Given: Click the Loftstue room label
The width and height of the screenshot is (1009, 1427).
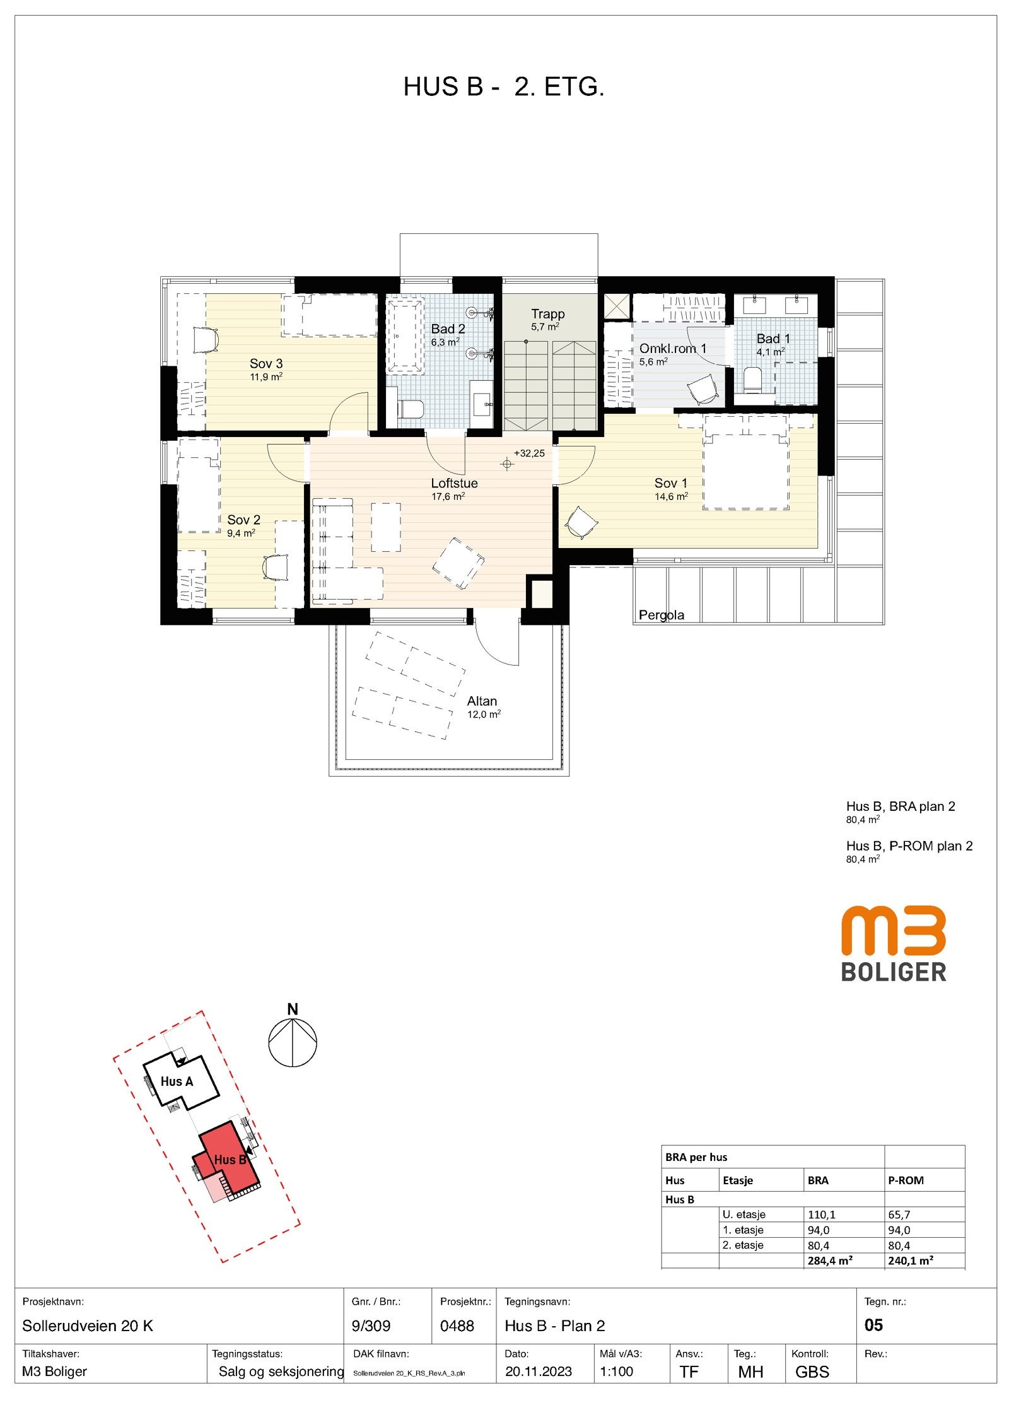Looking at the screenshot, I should (454, 484).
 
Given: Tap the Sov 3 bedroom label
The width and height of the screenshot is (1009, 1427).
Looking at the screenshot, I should (266, 364).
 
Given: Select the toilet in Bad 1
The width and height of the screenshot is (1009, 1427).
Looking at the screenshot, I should (753, 380).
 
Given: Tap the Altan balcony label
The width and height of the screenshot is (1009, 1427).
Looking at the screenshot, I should (482, 701).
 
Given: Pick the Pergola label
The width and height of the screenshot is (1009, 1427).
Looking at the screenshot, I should (661, 615).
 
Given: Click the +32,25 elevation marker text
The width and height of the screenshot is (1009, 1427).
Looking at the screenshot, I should (529, 453).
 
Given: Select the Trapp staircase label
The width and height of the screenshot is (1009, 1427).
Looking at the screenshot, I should (547, 314).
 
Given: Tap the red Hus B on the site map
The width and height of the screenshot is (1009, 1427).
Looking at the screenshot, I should (229, 1159).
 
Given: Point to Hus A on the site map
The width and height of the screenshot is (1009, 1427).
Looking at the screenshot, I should (177, 1081).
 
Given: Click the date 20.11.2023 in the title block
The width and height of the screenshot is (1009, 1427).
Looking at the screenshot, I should (538, 1372).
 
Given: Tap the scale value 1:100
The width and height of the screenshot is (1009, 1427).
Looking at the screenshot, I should (616, 1372).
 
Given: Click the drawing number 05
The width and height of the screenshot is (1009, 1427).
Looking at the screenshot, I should (873, 1325).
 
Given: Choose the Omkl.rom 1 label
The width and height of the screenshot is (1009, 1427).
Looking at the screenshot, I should (673, 349).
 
